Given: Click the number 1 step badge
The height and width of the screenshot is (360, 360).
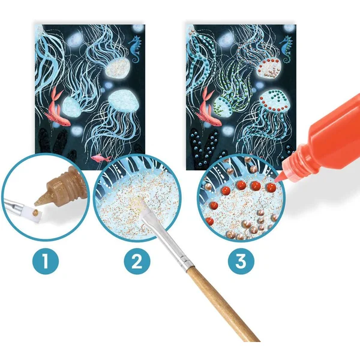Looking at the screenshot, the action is click(46, 261).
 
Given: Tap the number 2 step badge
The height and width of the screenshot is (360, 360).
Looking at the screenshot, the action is click(137, 261).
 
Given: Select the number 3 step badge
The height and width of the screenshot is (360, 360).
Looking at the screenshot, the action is click(241, 261).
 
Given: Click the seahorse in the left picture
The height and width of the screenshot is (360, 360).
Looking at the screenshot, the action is click(136, 49).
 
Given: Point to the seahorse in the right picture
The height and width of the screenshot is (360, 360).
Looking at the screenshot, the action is click(286, 49).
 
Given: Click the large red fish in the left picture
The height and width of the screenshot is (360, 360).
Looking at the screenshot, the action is click(56, 108).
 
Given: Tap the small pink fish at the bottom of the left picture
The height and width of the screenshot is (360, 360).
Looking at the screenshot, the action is click(101, 158).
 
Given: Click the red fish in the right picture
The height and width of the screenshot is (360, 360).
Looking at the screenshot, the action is click(208, 108).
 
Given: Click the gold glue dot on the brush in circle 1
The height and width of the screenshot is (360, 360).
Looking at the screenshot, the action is click(35, 211).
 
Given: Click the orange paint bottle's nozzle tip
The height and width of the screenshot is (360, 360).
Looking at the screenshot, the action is click(275, 180).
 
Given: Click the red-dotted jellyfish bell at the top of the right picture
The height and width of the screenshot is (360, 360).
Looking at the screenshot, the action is click(268, 67).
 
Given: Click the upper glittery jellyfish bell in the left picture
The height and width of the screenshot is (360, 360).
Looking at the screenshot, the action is click(117, 67).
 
